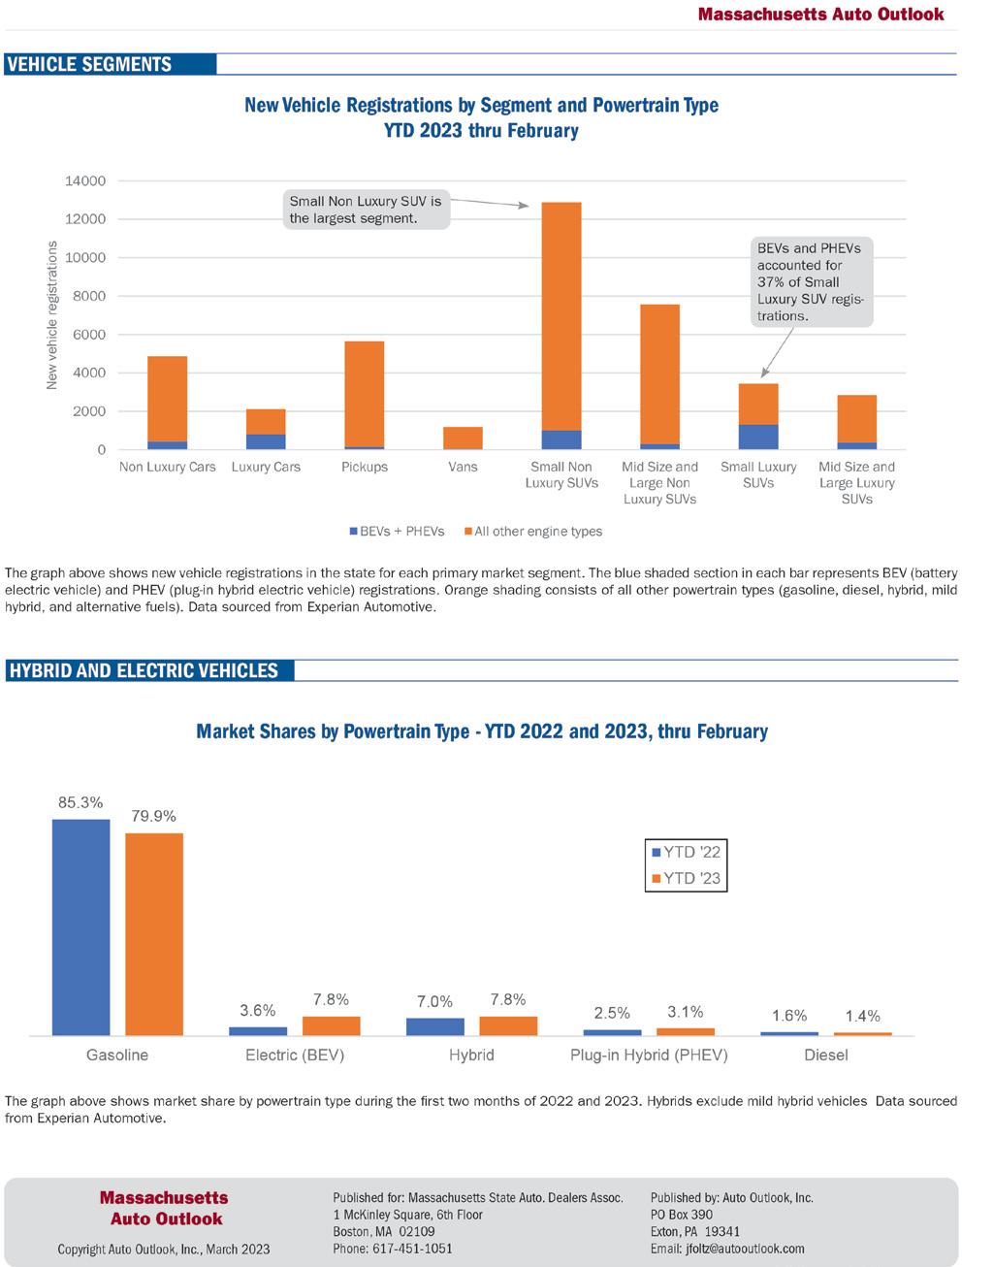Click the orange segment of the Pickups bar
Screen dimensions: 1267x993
click(x=365, y=393)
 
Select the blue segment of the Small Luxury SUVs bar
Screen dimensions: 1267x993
click(x=758, y=437)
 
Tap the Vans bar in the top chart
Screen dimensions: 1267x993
click(x=463, y=438)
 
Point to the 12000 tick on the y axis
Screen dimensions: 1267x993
click(x=86, y=219)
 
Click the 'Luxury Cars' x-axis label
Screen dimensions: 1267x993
click(x=266, y=467)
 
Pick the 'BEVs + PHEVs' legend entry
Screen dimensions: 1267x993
click(x=397, y=532)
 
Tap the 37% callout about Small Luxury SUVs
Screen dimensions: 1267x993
click(x=810, y=281)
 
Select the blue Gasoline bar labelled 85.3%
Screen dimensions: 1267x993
click(x=80, y=926)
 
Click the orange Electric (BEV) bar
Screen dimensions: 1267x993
click(x=331, y=1025)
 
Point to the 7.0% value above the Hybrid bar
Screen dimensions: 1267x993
click(x=434, y=1001)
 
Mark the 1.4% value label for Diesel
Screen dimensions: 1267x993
click(x=862, y=1016)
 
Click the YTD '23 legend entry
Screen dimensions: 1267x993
click(x=687, y=879)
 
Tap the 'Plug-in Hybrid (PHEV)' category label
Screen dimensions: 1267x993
click(x=649, y=1055)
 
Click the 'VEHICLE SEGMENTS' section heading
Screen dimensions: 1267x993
click(x=89, y=65)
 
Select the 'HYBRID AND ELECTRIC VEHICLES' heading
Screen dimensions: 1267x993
click(x=144, y=670)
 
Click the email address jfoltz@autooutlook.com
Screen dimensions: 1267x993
click(x=727, y=1249)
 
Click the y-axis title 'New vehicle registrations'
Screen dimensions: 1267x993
click(x=52, y=315)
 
